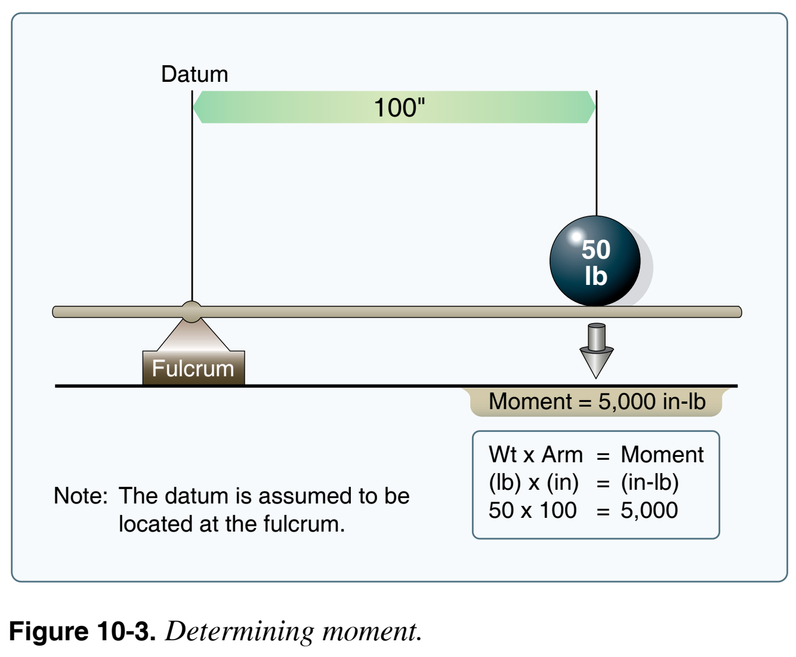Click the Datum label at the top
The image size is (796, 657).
(195, 75)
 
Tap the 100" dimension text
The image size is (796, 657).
(399, 108)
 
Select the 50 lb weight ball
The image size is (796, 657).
(594, 262)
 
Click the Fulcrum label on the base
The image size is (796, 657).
(193, 369)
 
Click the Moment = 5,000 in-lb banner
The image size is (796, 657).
(597, 402)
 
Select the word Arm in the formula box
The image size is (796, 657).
(561, 455)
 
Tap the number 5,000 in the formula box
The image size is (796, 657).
(649, 511)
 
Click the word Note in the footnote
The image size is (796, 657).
(80, 496)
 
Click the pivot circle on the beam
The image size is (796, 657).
(192, 312)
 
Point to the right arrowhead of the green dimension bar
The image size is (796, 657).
(590, 108)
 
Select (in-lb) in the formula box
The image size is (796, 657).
(650, 483)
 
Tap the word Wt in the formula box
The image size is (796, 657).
(502, 455)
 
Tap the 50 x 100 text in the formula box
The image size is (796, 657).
(532, 511)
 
